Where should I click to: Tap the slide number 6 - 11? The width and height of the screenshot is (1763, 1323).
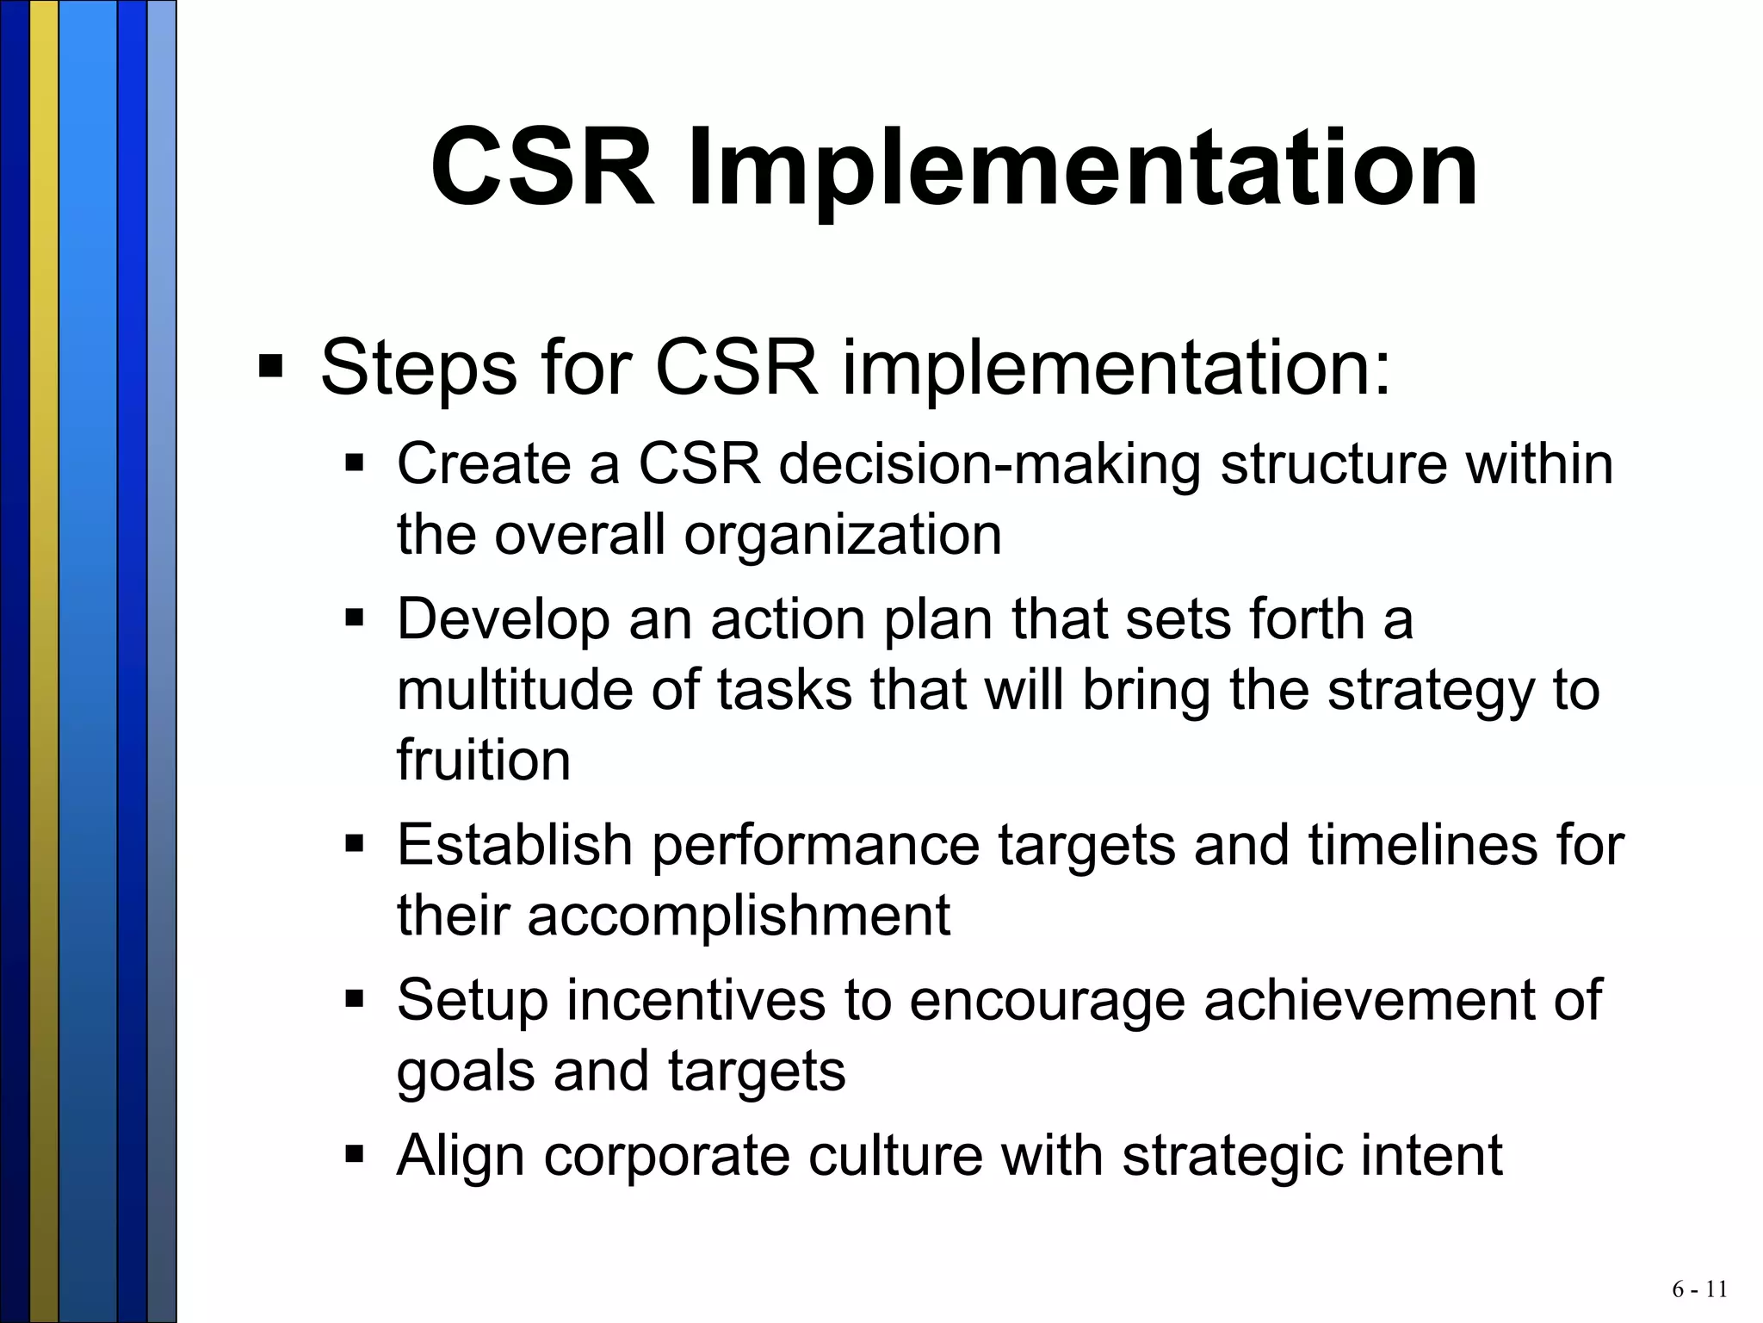1699,1289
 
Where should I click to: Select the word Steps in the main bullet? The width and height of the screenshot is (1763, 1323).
417,369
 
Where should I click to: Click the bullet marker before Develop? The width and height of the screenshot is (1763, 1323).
355,618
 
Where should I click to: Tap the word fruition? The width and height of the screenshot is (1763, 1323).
483,761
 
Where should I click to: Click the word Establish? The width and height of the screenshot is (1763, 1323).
515,845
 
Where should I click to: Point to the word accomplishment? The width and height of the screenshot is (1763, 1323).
738,916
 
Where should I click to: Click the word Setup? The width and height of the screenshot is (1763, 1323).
472,1001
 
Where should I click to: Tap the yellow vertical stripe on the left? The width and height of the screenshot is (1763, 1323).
44,661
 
